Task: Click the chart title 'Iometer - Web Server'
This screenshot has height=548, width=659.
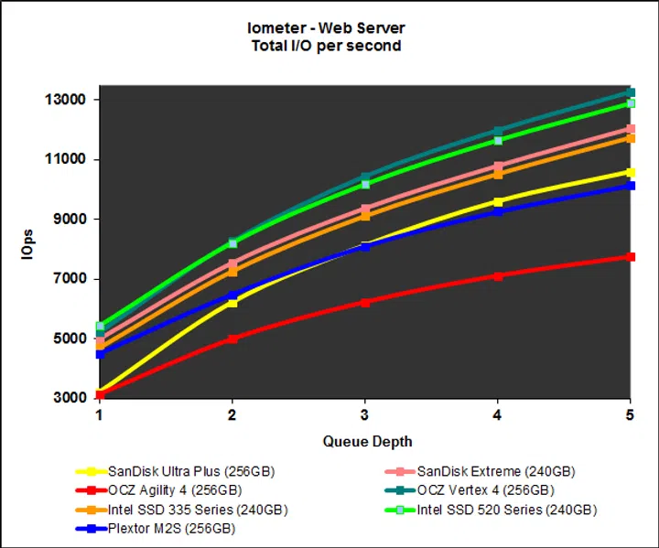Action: click(326, 28)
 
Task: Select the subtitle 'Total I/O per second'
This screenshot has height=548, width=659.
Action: click(326, 46)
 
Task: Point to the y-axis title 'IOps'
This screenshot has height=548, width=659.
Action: click(29, 248)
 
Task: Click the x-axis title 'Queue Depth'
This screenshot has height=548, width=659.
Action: click(363, 441)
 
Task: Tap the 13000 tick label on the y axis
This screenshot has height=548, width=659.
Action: click(66, 100)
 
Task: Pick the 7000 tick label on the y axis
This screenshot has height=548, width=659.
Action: click(70, 279)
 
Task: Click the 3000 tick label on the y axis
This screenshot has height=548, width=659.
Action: click(70, 398)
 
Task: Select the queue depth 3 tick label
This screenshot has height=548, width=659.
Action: click(365, 414)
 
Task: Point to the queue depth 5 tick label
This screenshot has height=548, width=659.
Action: click(631, 414)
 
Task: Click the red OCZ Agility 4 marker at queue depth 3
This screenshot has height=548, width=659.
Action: click(365, 302)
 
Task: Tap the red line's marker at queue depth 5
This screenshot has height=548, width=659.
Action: click(631, 257)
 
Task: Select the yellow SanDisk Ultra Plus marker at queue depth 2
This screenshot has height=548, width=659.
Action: click(232, 302)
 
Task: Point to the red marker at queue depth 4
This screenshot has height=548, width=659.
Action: click(498, 275)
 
